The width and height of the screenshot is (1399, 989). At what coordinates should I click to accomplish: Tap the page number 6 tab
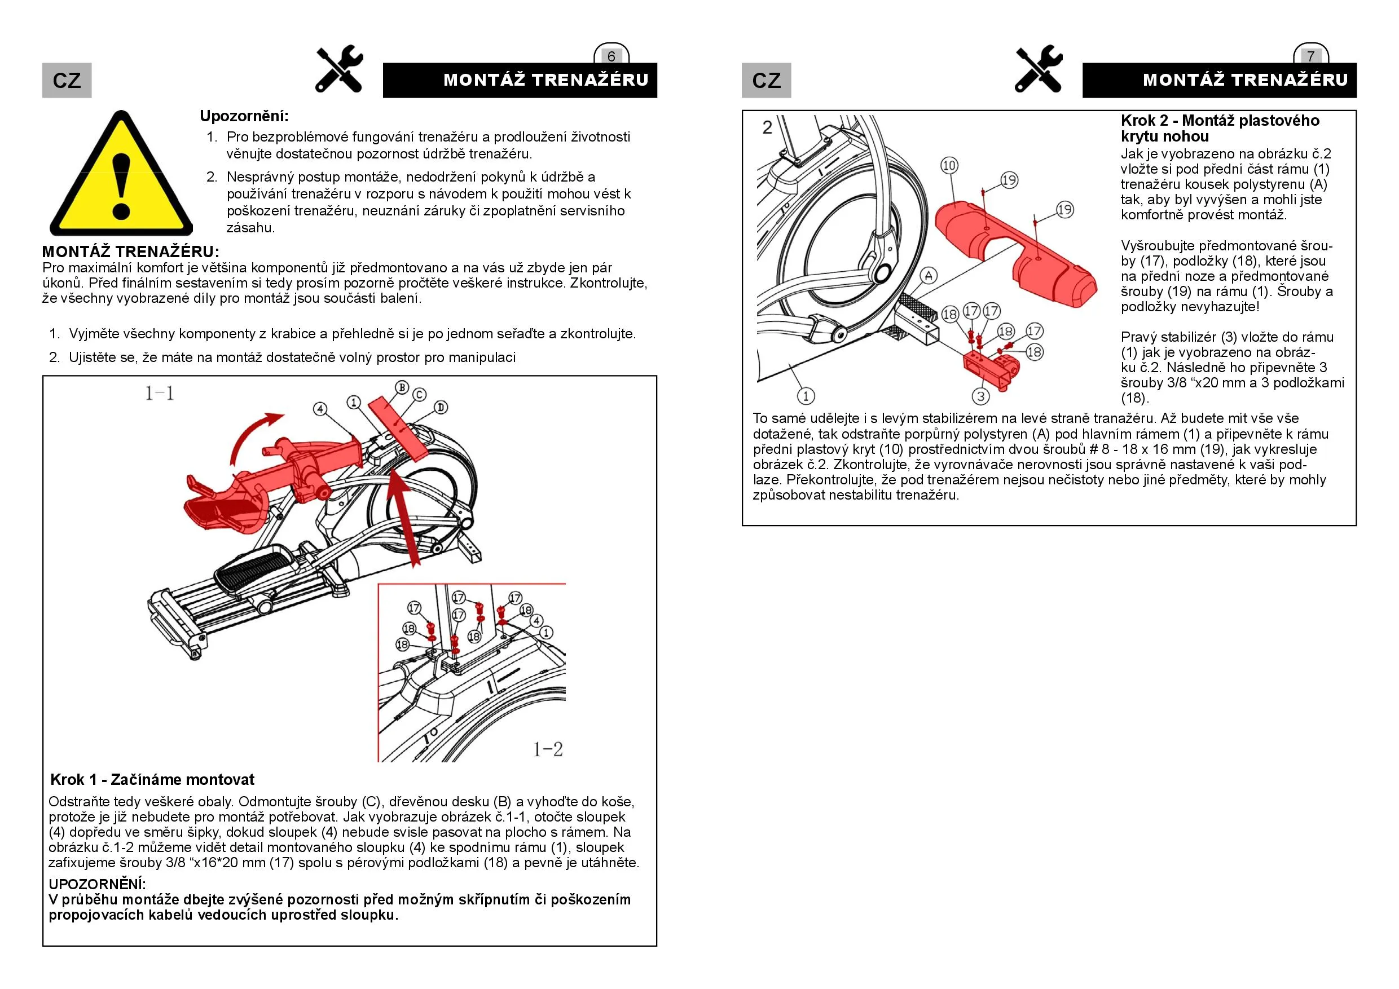(611, 56)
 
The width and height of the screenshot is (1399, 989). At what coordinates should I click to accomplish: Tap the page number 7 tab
(1310, 56)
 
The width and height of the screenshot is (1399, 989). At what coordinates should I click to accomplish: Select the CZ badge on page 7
(766, 81)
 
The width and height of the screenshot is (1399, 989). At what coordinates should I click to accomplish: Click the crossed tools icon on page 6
(340, 69)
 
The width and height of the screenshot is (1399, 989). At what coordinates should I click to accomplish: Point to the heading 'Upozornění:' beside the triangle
(244, 116)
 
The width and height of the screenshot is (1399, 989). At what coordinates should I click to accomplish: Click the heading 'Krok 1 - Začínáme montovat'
(152, 779)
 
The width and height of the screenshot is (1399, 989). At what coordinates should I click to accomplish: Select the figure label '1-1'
(160, 394)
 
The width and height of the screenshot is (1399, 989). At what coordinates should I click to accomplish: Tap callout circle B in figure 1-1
(402, 387)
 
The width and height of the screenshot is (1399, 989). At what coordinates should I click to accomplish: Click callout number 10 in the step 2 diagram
(949, 166)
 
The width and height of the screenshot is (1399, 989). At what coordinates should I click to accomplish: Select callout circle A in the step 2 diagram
(928, 276)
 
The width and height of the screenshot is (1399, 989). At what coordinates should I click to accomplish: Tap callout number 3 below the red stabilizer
(980, 396)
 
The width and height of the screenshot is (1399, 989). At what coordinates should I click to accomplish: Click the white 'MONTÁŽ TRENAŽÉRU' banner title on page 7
(1245, 80)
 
